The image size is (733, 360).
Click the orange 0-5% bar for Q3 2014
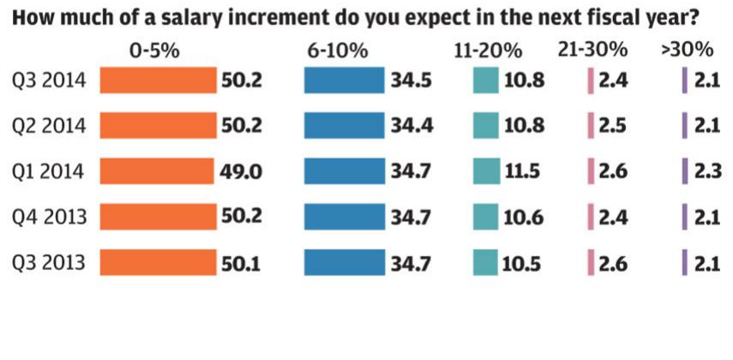tap(159, 81)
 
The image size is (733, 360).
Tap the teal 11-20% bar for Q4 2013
tap(486, 217)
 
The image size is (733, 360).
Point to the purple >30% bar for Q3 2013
tap(684, 262)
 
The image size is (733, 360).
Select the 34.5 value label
tap(413, 81)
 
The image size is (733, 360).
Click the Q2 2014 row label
tap(49, 126)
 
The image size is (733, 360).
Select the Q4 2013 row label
tap(49, 217)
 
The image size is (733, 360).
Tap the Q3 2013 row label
tap(49, 262)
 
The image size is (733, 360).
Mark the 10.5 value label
tap(523, 262)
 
